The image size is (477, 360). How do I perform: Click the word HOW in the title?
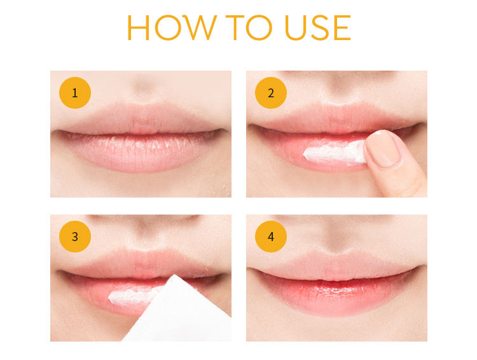click(172, 27)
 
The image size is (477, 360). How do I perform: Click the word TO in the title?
click(249, 27)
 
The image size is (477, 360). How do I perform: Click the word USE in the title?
click(317, 27)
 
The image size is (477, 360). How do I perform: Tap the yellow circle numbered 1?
click(75, 93)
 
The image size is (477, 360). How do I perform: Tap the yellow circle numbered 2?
click(271, 93)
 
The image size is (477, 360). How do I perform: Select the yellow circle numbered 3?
click(75, 237)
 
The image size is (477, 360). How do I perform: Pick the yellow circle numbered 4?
click(271, 237)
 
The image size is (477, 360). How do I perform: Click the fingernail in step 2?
click(383, 148)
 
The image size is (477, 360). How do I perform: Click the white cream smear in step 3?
click(134, 295)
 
